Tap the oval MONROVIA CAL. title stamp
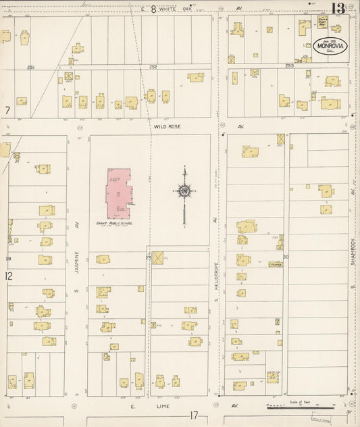point(330,47)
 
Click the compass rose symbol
point(184,192)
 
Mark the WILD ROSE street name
point(165,126)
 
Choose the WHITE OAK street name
point(178,9)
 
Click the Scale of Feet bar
point(296,407)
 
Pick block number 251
point(30,67)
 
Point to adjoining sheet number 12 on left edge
point(8,276)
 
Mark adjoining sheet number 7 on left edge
point(7,109)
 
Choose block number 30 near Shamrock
point(286,257)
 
